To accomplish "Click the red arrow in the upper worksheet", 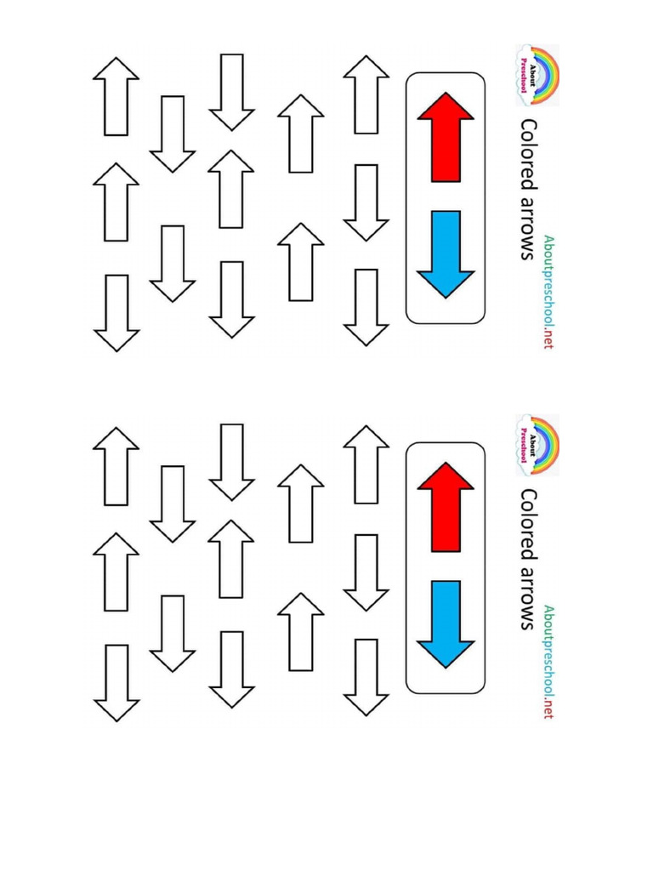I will [446, 140].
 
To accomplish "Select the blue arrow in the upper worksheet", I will [446, 252].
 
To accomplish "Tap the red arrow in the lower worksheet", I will [446, 510].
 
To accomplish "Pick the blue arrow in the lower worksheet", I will [446, 622].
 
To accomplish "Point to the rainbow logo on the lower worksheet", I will [537, 443].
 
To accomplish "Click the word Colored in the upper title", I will [529, 154].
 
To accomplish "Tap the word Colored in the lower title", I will [529, 524].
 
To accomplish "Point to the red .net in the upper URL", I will [548, 338].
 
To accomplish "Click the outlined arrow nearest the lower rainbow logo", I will [366, 464].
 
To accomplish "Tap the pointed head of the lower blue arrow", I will [446, 651].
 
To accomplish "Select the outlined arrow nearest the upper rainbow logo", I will [366, 94].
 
